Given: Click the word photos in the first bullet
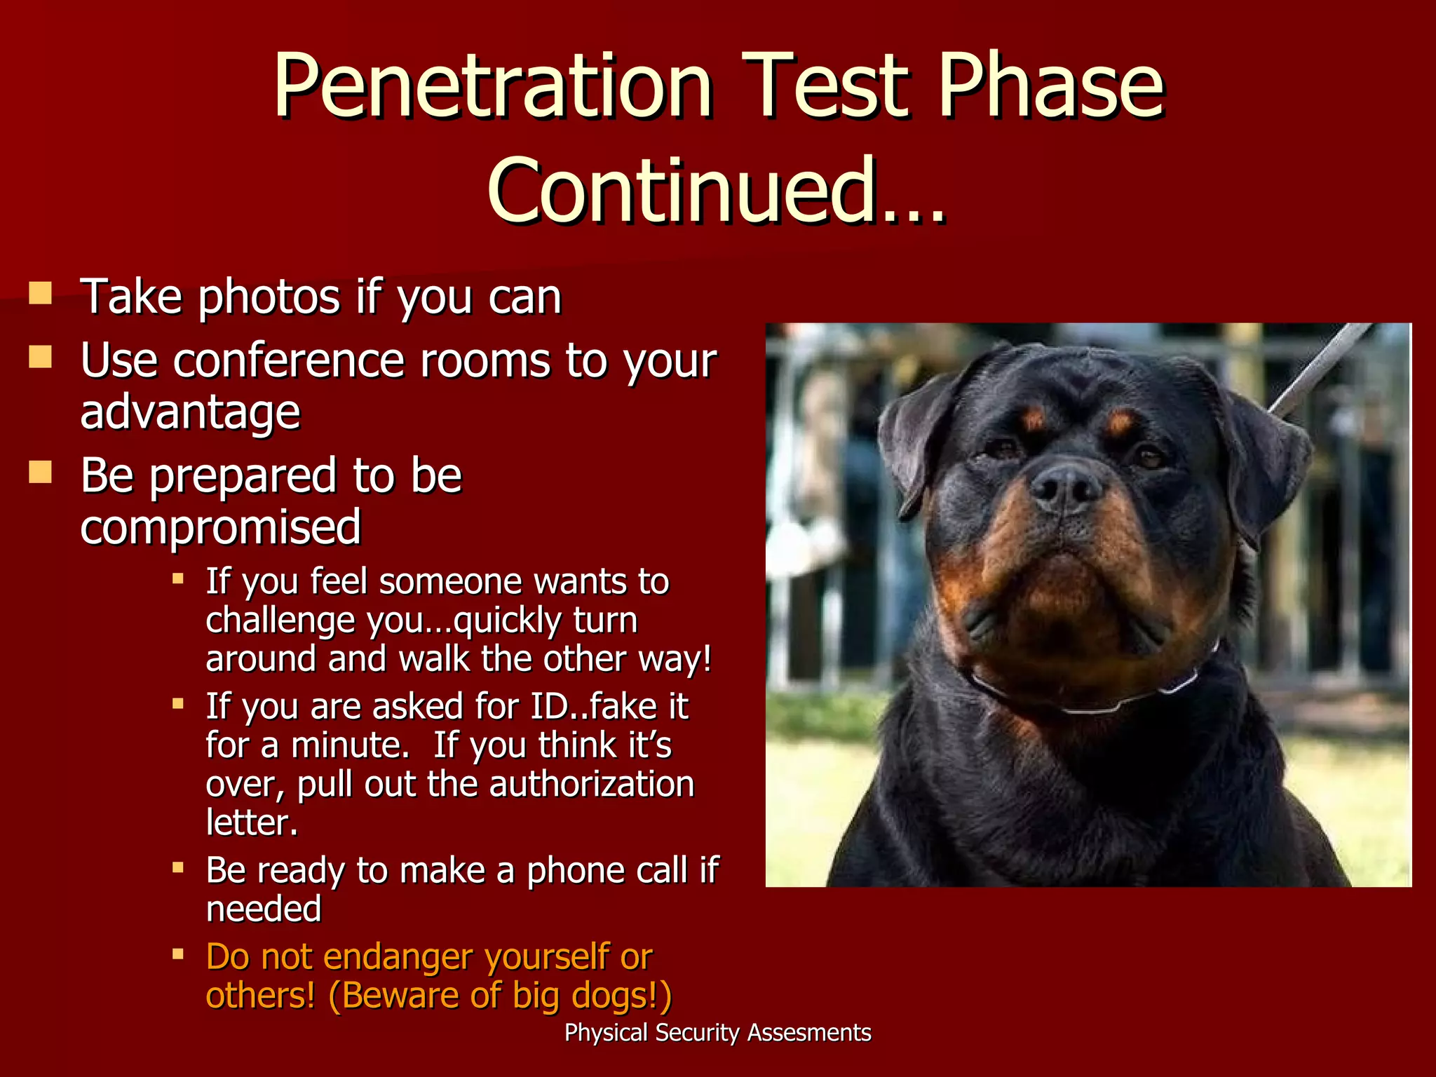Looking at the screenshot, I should coord(269,297).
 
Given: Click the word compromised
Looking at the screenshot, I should coord(220,527).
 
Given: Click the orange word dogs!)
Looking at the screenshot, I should coord(623,996).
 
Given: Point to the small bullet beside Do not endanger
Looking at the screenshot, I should coord(178,954).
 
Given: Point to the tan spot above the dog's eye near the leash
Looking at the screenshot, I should coord(1120,423).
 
